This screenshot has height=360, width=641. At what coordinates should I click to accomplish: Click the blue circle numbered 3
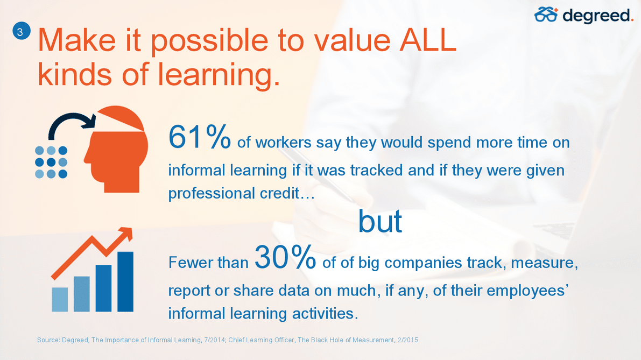pos(21,31)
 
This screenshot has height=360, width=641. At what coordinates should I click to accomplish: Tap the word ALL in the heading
pos(428,40)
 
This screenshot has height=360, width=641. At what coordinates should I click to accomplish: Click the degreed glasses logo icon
pos(546,15)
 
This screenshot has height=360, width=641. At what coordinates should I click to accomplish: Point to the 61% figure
pos(200,137)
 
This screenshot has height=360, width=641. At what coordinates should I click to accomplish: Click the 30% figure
pos(285,257)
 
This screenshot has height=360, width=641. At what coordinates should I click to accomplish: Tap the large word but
pos(380,222)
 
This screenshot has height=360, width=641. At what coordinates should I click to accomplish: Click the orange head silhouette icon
pos(116,149)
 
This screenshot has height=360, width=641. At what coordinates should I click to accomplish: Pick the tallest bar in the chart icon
pos(125,281)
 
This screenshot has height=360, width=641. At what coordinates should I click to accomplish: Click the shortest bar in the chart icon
pos(60,300)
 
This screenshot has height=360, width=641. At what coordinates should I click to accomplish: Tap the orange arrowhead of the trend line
pos(126,234)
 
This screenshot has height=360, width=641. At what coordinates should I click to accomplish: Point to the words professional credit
pos(241,193)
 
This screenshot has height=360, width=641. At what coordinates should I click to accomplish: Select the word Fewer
pos(188,263)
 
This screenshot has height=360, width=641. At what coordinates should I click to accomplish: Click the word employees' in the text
pos(528,291)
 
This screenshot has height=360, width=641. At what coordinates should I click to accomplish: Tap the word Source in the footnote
pos(48,340)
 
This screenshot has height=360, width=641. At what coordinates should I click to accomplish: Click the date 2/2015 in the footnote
pos(407,340)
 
